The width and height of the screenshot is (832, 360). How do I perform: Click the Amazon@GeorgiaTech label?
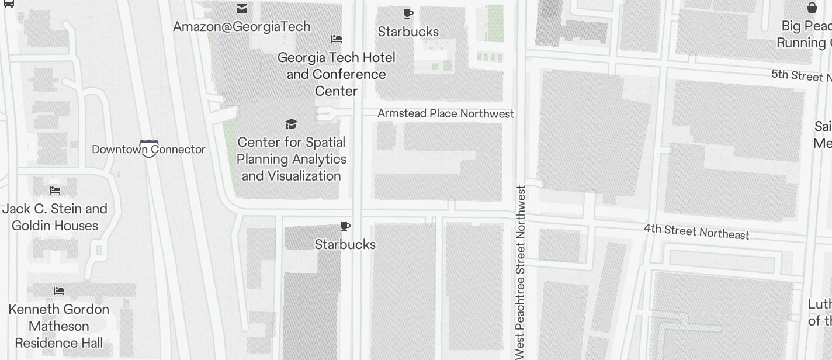(241, 26)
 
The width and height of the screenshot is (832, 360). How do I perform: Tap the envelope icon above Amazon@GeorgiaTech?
(241, 9)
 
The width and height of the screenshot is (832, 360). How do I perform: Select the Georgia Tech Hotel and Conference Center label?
(336, 74)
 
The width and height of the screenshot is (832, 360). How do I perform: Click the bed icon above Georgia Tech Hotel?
(336, 39)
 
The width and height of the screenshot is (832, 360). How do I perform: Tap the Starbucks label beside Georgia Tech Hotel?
(408, 32)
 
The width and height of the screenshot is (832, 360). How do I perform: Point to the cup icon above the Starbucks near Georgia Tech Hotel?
(408, 13)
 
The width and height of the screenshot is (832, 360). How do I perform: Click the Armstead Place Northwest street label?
(446, 113)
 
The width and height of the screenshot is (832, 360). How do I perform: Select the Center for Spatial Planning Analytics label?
(291, 159)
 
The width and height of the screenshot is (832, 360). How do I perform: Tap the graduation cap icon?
(291, 124)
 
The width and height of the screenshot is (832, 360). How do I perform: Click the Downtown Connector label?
(148, 150)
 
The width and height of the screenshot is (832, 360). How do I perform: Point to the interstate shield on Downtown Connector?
(149, 148)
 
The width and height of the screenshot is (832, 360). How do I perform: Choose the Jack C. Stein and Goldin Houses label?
(55, 217)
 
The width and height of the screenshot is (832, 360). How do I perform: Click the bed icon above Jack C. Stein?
(55, 191)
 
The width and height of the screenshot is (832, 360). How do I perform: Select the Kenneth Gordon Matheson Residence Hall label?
(59, 326)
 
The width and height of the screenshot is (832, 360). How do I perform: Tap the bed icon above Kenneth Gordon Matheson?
(59, 290)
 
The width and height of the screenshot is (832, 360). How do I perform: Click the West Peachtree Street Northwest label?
(521, 272)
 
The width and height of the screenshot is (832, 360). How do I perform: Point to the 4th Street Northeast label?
(696, 231)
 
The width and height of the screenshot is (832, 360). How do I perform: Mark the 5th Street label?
(800, 75)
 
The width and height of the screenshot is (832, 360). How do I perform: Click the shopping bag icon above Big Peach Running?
(812, 8)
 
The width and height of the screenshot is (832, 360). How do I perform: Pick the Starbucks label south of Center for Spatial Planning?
(345, 244)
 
